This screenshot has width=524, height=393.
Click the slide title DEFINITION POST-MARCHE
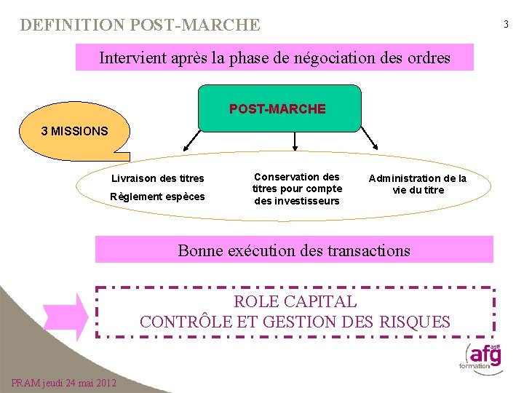pos(140,25)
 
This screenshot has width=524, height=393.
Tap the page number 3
pos(507,25)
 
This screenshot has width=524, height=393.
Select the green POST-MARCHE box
pos(278,108)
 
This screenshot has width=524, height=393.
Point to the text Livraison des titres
pos(157,178)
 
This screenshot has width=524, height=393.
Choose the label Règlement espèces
pos(157,196)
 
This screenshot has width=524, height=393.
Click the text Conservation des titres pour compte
pos(297,183)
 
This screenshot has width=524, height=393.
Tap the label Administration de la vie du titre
pos(418,184)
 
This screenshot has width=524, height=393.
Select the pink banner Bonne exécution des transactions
pos(294,250)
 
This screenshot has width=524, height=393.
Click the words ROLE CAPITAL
pos(295,301)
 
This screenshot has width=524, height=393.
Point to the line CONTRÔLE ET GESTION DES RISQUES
pos(295,322)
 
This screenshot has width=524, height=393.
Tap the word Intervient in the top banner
pos(134,57)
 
